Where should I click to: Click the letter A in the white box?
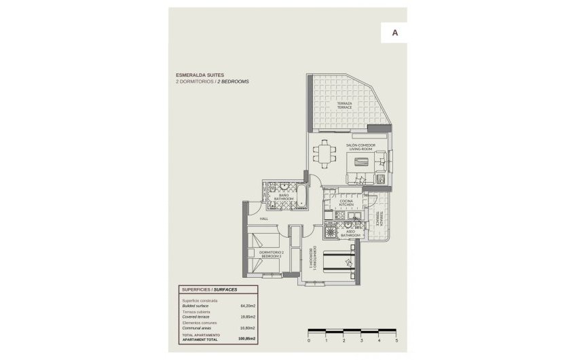[394, 32]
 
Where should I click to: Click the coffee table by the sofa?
[360, 162]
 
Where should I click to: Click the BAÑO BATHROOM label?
[284, 197]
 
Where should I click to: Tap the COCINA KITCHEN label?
[346, 202]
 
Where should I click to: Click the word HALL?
[264, 219]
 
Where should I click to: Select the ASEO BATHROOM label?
[351, 233]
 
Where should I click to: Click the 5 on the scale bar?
[396, 340]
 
